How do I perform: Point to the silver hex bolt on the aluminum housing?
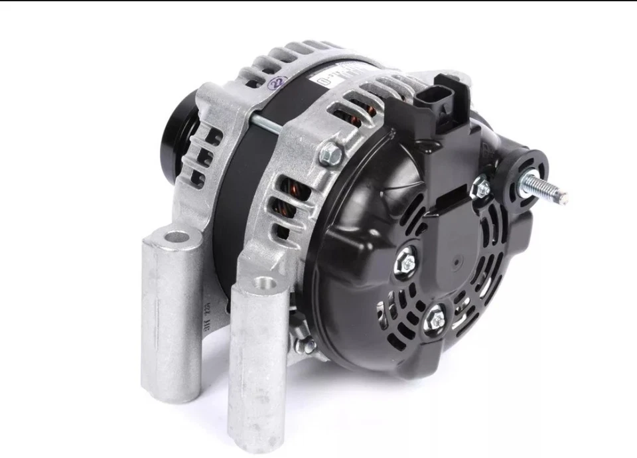pos(331,156)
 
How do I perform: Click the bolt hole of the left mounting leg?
pos(175,236)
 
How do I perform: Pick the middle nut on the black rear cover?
pos(404,262)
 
